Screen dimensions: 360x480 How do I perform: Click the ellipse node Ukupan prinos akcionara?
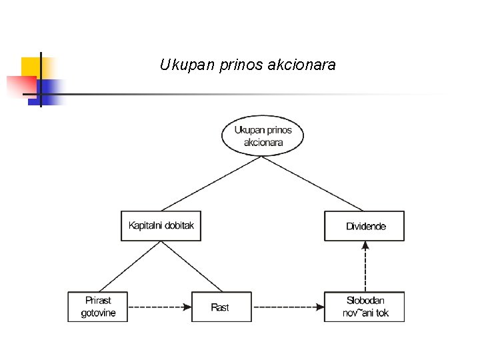[262, 136]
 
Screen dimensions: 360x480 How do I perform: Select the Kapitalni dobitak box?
[161, 226]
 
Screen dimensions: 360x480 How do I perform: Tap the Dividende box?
[365, 226]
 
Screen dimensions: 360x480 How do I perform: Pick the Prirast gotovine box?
[97, 307]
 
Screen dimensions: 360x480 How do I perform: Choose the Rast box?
[221, 307]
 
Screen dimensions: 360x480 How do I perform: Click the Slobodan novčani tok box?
[365, 307]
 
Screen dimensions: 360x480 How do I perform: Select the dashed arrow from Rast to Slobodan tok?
[287, 307]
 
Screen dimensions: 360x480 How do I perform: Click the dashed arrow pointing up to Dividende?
[365, 266]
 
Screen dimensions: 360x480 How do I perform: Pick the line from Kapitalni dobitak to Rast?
[190, 267]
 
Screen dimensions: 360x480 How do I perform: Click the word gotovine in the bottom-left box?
[98, 313]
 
